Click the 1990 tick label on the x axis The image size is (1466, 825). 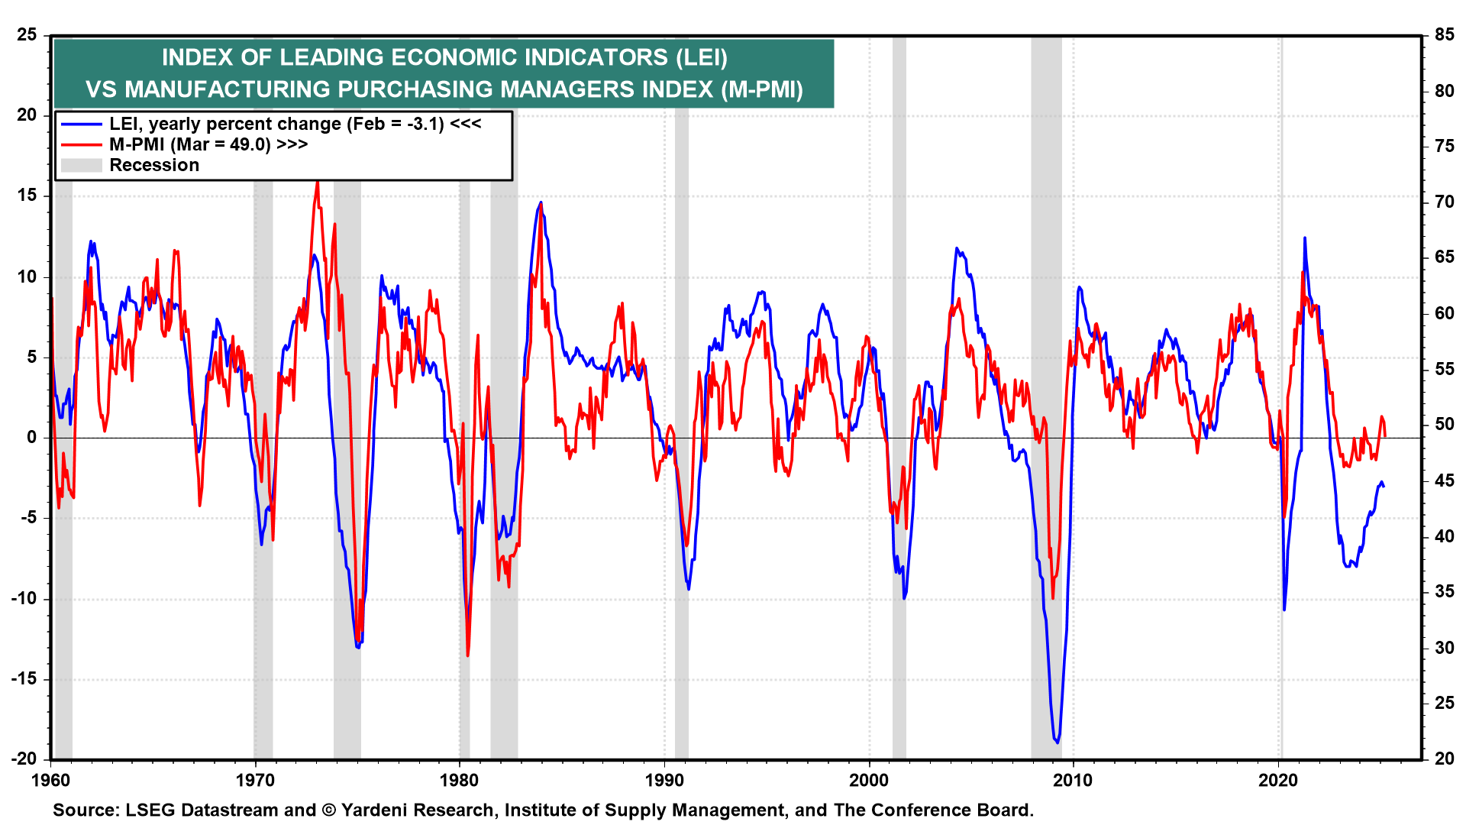pyautogui.click(x=664, y=780)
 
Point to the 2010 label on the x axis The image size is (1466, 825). pyautogui.click(x=1074, y=780)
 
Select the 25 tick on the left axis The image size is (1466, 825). pyautogui.click(x=27, y=35)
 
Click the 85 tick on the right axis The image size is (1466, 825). pyautogui.click(x=1444, y=35)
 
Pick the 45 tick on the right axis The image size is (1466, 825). pyautogui.click(x=1444, y=480)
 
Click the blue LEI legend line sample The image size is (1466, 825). pyautogui.click(x=82, y=125)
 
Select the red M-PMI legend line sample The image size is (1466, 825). pyautogui.click(x=82, y=144)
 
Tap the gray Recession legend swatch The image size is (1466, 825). pyautogui.click(x=82, y=165)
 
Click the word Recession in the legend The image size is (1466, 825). pyautogui.click(x=154, y=165)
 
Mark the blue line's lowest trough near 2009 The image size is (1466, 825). pyautogui.click(x=1057, y=742)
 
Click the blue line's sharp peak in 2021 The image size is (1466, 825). pyautogui.click(x=1304, y=238)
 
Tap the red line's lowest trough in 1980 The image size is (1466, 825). pyautogui.click(x=467, y=655)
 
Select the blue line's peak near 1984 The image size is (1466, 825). pyautogui.click(x=541, y=202)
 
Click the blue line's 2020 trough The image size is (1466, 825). pyautogui.click(x=1284, y=610)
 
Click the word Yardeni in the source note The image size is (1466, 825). pyautogui.click(x=373, y=810)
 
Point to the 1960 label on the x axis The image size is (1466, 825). pyautogui.click(x=50, y=780)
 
